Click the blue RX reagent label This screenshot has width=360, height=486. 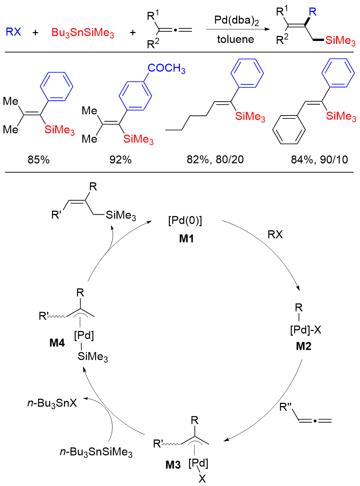13,32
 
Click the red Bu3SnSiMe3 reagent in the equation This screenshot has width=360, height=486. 83,33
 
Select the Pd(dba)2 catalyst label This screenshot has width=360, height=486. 236,20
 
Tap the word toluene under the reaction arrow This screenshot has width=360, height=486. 236,39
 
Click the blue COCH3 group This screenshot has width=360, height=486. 166,68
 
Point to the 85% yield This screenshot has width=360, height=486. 38,159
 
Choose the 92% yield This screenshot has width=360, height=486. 120,159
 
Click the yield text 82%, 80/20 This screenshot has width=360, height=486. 215,159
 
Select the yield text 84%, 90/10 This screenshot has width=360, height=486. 319,159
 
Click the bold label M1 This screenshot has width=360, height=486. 187,239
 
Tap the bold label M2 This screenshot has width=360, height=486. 303,346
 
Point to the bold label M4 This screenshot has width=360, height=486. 57,343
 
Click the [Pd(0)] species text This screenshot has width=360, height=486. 185,220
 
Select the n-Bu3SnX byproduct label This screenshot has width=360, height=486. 52,403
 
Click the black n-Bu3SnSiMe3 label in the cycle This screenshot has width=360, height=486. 96,452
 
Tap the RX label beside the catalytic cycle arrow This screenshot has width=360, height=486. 275,235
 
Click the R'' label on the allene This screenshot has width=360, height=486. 286,408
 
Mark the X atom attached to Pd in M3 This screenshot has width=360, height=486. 202,479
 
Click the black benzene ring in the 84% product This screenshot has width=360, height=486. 289,130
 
